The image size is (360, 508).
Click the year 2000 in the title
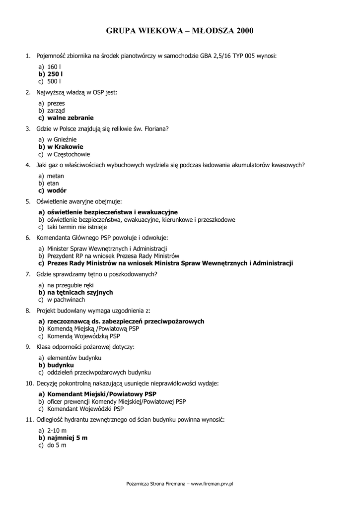pos(245,31)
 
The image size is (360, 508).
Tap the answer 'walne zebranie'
pos(70,118)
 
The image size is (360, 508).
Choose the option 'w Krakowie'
pos(65,147)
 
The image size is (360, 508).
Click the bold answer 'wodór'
pos(57,190)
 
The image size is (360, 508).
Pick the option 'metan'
pos(56,176)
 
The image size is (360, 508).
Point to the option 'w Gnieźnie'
pos(62,140)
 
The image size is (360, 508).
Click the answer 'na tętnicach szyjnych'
pos(80,293)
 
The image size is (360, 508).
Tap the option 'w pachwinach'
pos(66,300)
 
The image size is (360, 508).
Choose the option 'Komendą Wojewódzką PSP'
pos(83,336)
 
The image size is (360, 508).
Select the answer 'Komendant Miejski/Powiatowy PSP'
pos(102,394)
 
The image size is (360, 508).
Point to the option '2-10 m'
pos(57,431)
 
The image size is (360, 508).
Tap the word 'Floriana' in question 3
pos(156,129)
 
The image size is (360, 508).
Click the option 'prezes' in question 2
pos(56,103)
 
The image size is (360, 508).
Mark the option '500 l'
pos(54,81)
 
